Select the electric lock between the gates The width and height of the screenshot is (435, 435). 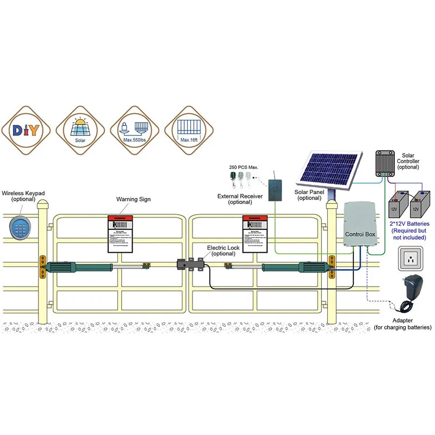[x=190, y=266]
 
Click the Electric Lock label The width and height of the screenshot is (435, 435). [x=223, y=251]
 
